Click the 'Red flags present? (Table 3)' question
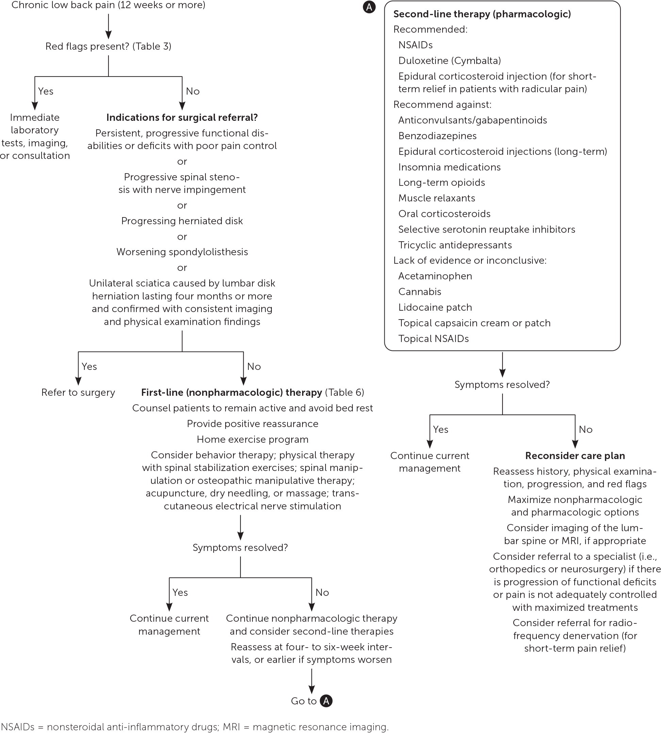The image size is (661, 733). [x=108, y=47]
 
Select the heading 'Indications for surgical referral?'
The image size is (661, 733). [x=182, y=118]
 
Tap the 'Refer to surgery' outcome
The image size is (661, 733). [x=78, y=393]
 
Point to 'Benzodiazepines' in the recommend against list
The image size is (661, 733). [x=437, y=136]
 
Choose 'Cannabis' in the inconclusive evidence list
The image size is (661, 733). [x=419, y=292]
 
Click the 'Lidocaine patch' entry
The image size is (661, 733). [x=435, y=307]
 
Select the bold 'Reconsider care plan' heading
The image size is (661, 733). [x=575, y=456]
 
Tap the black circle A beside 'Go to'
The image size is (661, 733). [x=326, y=701]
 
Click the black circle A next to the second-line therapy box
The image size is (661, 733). [x=369, y=7]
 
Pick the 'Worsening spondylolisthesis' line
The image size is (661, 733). [x=182, y=252]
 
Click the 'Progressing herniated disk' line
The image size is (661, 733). [x=182, y=221]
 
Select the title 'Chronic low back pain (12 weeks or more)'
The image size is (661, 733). [x=108, y=5]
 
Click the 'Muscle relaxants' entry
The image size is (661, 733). [x=436, y=198]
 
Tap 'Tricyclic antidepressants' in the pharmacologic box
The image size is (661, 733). [x=455, y=245]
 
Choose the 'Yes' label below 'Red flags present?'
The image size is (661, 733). [x=46, y=91]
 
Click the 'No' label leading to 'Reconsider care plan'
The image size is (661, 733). [x=585, y=430]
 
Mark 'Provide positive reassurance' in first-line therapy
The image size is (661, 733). [x=252, y=424]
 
